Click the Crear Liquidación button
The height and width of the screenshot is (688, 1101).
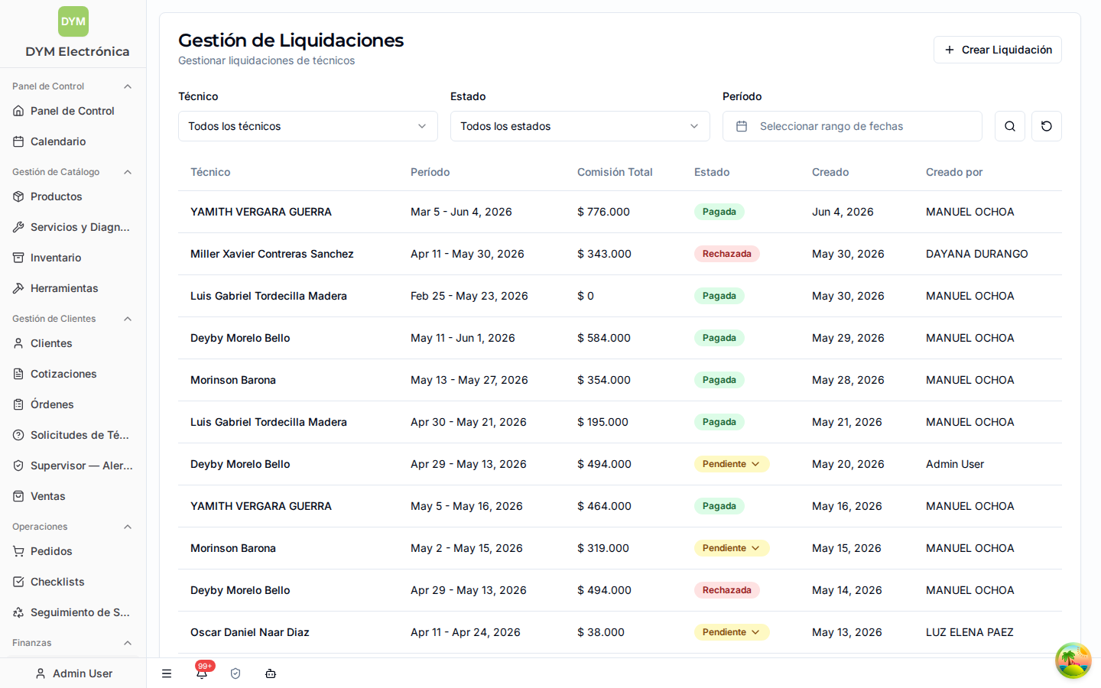[997, 50]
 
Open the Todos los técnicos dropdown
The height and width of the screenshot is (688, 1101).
[307, 126]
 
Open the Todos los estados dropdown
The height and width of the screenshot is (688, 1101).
[580, 126]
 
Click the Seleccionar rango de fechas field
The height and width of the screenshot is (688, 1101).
[853, 126]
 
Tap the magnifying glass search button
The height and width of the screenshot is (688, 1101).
[1010, 126]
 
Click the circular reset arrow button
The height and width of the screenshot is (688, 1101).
[1047, 126]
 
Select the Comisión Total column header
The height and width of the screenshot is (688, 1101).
[615, 172]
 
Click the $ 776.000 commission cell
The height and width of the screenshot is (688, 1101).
[603, 212]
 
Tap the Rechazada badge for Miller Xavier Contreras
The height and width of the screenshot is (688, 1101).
[727, 254]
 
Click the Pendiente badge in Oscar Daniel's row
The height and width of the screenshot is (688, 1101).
[732, 632]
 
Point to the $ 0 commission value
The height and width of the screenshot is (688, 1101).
[586, 296]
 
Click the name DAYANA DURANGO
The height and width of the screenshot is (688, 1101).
[976, 254]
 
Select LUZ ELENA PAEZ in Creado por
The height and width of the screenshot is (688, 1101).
[969, 632]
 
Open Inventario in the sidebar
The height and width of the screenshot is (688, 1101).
[56, 258]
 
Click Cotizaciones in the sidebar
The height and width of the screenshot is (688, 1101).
[63, 374]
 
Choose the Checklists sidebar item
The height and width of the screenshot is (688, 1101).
[57, 582]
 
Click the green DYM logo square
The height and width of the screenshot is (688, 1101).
[73, 21]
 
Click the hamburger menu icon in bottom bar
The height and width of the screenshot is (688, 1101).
[167, 673]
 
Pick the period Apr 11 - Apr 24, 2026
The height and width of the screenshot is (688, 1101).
[466, 632]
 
